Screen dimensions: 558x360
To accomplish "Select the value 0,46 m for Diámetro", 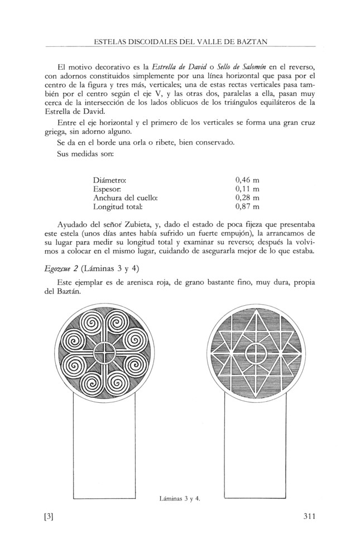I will coord(247,180).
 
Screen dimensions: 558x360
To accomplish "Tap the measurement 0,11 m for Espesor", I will coord(247,189).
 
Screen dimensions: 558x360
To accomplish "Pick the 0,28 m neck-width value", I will coord(247,198).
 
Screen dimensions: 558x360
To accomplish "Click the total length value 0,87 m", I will coord(247,207).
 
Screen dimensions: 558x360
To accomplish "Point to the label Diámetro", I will coord(110,180).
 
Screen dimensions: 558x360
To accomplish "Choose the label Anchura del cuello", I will coord(126,198).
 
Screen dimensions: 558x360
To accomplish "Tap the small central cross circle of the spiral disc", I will coord(103,353).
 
